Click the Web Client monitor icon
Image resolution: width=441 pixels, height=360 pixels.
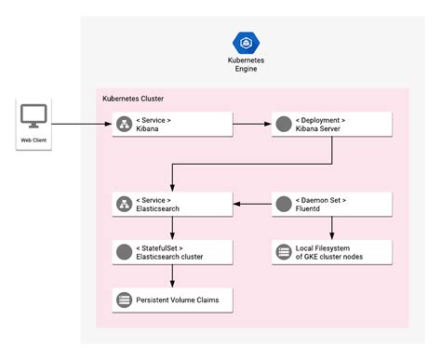[34, 117]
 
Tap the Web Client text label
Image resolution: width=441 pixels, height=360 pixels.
[34, 141]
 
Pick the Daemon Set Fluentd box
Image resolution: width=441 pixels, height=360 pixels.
[330, 204]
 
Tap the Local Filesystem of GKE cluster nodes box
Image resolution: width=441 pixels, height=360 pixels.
[330, 251]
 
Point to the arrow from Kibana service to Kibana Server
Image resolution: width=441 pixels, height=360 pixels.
[250, 123]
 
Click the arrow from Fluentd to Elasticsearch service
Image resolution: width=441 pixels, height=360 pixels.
[250, 204]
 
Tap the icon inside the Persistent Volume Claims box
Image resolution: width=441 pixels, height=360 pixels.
[123, 300]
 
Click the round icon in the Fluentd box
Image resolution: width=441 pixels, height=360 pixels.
[283, 204]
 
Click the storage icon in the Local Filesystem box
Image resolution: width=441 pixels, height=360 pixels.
[283, 251]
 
